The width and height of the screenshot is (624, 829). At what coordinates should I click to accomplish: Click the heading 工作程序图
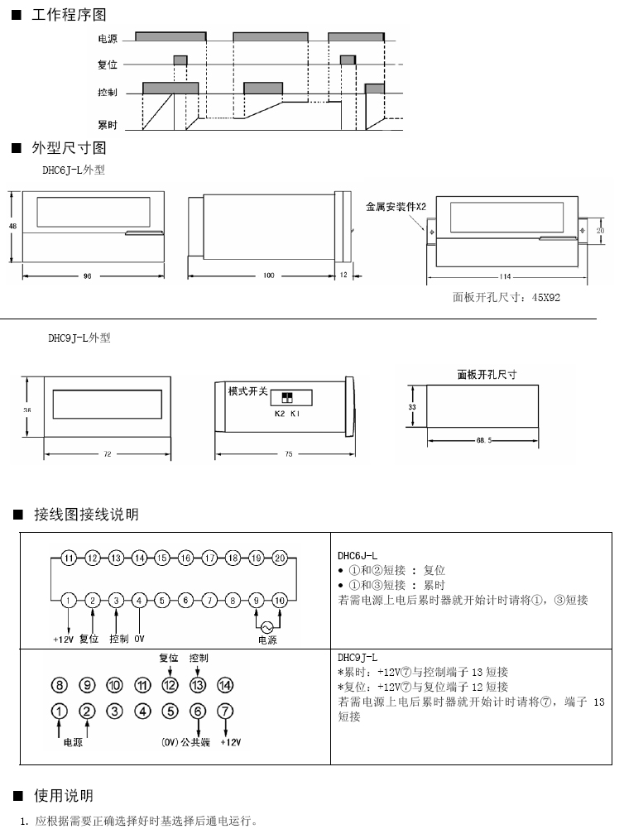(x=69, y=15)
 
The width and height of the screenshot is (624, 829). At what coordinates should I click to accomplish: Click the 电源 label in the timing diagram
(x=107, y=39)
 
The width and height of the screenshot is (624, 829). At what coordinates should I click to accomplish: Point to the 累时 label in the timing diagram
(x=107, y=125)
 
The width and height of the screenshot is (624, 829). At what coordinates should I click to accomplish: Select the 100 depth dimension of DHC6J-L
(x=268, y=276)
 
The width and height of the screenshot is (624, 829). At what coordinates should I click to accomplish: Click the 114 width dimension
(x=506, y=276)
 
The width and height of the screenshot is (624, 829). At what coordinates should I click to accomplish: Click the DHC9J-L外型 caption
(x=79, y=338)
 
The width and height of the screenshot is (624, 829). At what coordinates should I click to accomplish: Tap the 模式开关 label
(x=248, y=391)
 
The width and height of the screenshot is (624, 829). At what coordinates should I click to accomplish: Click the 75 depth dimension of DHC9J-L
(x=287, y=454)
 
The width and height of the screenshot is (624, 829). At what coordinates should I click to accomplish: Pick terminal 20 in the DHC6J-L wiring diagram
(x=280, y=558)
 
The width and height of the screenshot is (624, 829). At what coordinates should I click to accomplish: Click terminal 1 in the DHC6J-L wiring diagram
(x=69, y=599)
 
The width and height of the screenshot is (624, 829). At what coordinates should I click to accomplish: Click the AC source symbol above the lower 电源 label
(x=267, y=625)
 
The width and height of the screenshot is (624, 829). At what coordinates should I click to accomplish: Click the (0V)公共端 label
(x=185, y=742)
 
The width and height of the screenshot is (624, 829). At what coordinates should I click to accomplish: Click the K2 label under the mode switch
(x=279, y=413)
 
